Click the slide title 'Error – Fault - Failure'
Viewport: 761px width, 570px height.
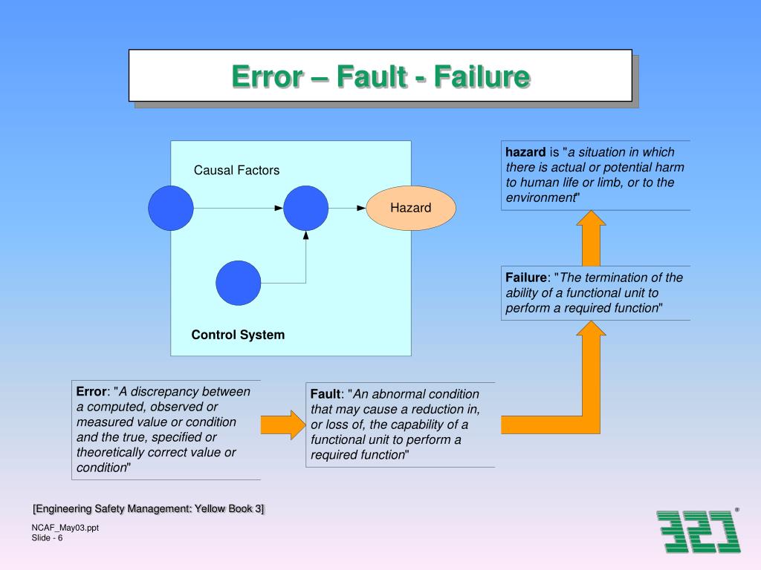(380, 76)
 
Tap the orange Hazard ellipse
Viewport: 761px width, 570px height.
(411, 208)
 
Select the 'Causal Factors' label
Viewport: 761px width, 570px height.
(236, 171)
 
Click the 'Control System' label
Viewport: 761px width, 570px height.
(238, 335)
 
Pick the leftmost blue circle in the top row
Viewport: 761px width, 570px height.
(171, 208)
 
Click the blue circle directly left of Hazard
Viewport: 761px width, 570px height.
(305, 208)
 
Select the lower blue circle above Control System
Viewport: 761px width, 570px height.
(239, 283)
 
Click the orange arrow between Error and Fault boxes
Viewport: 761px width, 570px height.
(282, 425)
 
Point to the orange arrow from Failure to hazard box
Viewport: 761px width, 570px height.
(592, 237)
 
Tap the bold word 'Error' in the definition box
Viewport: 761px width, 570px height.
(92, 392)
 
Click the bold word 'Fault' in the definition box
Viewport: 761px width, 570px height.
(325, 394)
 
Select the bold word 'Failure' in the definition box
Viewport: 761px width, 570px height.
(526, 278)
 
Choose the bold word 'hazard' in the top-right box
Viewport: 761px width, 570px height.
(526, 152)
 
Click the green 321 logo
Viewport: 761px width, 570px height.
(699, 531)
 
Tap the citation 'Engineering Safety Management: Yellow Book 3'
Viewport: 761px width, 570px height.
(149, 508)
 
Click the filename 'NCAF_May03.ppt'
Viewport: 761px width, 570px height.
(65, 528)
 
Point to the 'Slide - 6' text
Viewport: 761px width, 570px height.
(47, 538)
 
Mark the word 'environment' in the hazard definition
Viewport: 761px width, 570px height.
(540, 197)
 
